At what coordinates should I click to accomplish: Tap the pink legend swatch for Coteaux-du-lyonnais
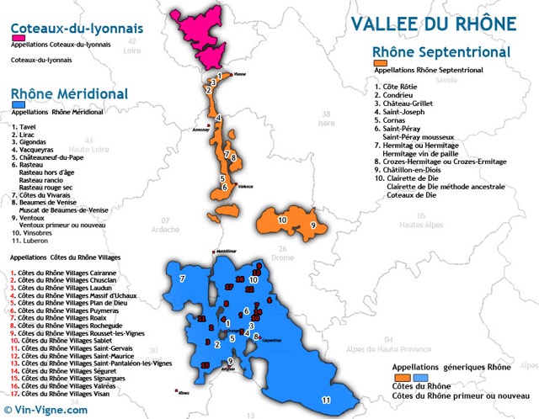17,38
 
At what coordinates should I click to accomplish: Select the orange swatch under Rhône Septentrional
381,63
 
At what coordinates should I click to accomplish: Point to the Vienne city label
239,74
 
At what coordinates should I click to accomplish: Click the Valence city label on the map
246,186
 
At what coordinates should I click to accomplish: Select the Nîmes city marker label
185,393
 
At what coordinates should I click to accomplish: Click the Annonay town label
200,130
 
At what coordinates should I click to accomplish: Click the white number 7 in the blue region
182,278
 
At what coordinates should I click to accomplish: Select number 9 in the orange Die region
312,225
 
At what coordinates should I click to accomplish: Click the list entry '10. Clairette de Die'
418,178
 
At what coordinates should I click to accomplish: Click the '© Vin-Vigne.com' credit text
45,410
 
